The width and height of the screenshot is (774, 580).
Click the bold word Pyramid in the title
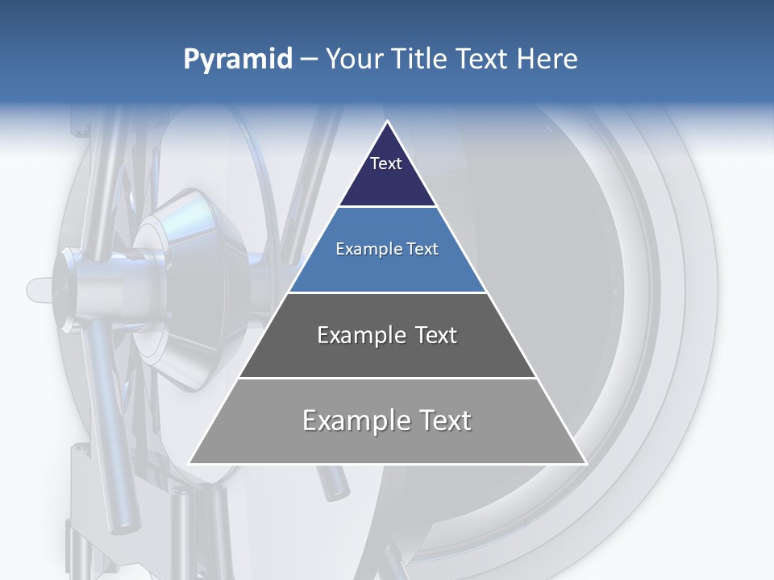coord(238,60)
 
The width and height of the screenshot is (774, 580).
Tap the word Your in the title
coord(355,59)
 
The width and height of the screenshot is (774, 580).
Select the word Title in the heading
coord(421,59)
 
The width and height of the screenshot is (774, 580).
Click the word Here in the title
coord(547,59)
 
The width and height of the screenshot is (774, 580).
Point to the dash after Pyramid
coord(309,60)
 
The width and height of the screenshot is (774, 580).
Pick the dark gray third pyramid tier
coord(387,354)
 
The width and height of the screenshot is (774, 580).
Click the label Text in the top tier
coord(386,164)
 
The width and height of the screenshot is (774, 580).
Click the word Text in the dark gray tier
coord(433,335)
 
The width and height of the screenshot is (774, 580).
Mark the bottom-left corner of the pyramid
coord(189,464)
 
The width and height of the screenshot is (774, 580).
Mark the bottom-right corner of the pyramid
coord(586,464)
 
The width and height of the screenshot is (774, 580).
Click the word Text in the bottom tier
coord(445,420)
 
